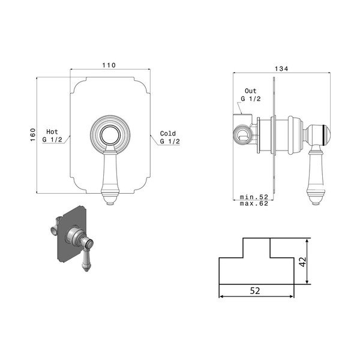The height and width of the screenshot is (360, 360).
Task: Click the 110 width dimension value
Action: tap(109, 65)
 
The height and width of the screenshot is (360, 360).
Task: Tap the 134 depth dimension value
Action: tap(281, 68)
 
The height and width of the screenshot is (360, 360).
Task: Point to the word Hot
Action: tap(52, 132)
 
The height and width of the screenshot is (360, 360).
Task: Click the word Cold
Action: tap(168, 133)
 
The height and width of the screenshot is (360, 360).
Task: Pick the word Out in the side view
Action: tap(250, 90)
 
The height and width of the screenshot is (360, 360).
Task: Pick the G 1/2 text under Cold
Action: tap(170, 141)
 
